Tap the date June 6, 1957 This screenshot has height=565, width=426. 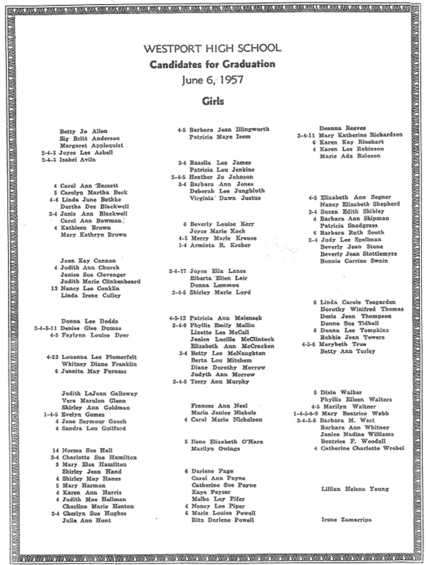coord(213,79)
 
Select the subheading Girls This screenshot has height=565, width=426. coord(213,101)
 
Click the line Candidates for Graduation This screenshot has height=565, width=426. coord(213,63)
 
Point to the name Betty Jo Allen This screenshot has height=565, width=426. coord(82,131)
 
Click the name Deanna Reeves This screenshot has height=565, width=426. coord(339,127)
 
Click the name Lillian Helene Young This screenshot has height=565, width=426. coord(355,489)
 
